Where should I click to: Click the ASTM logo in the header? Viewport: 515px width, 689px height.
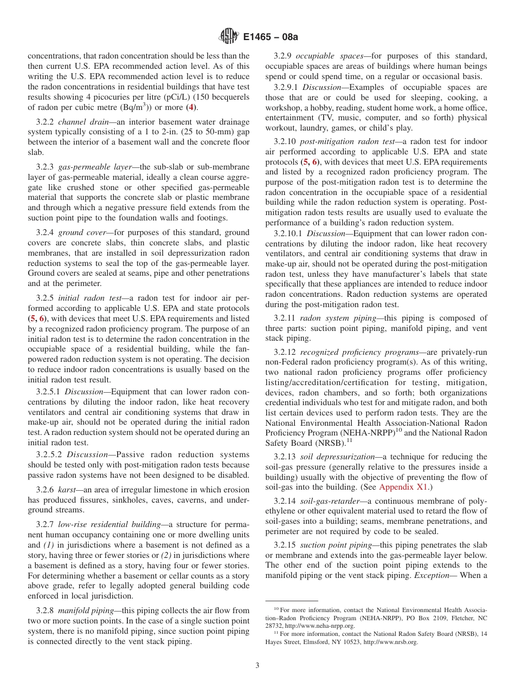[228, 37]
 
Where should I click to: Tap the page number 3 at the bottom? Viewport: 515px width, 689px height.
[257, 666]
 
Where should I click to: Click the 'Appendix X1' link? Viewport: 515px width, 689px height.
[404, 487]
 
